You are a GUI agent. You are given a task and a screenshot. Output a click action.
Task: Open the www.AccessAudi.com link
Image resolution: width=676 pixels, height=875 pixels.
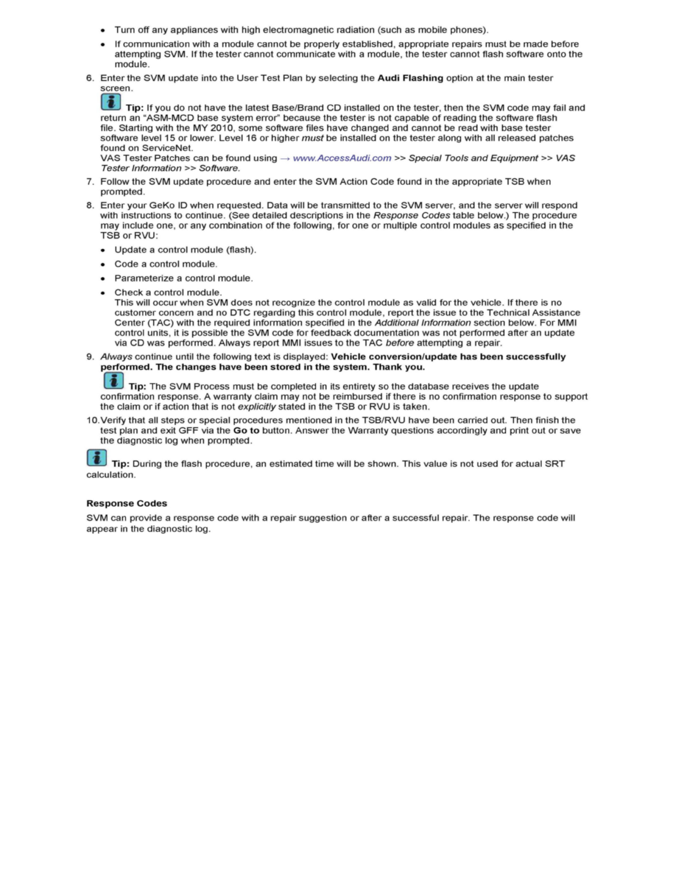(342, 158)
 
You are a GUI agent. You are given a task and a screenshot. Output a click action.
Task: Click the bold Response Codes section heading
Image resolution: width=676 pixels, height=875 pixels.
(127, 503)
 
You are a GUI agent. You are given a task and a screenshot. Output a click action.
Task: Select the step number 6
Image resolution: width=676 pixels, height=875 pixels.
(90, 78)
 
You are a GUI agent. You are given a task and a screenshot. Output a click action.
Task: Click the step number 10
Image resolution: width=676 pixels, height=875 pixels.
(92, 421)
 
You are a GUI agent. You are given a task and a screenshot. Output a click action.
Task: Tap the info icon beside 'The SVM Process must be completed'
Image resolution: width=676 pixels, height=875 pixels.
(112, 381)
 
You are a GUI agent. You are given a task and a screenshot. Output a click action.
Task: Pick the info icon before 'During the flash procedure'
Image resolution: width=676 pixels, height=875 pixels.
(96, 458)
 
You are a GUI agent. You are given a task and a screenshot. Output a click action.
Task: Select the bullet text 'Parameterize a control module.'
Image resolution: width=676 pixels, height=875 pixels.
(183, 278)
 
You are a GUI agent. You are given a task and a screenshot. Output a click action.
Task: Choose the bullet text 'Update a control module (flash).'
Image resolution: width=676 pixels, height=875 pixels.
(186, 250)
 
